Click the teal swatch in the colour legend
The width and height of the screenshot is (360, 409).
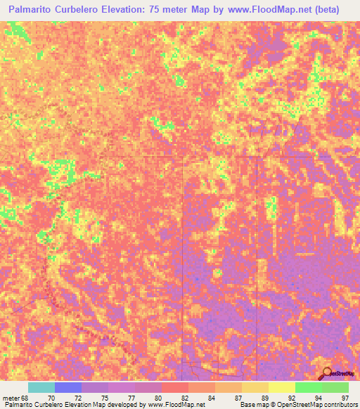pyautogui.click(x=41, y=387)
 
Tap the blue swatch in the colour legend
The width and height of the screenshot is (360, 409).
pyautogui.click(x=68, y=387)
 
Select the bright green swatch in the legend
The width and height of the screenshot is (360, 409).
pyautogui.click(x=308, y=387)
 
